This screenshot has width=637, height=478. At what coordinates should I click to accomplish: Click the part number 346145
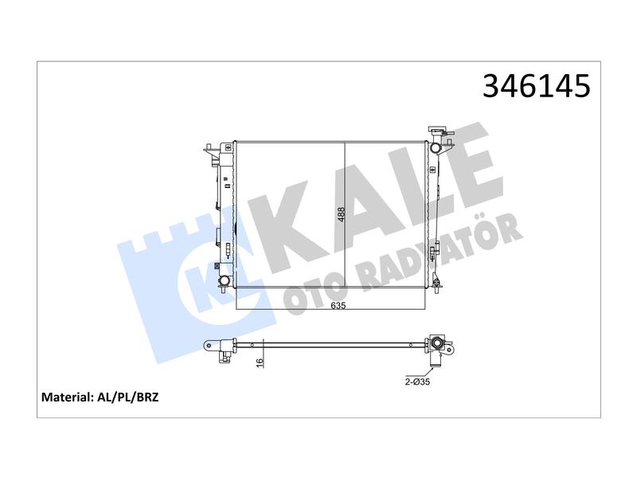[x=536, y=86]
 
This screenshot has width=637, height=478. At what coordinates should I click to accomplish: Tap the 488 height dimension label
[x=342, y=214]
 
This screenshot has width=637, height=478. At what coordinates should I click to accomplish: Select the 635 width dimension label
[x=338, y=305]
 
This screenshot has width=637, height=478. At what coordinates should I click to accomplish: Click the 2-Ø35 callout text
[x=417, y=382]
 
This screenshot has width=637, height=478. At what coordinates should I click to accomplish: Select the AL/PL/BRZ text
[x=128, y=397]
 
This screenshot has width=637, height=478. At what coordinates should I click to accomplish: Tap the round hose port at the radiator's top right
[x=435, y=147]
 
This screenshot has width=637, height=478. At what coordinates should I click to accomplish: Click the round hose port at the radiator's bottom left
[x=224, y=280]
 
